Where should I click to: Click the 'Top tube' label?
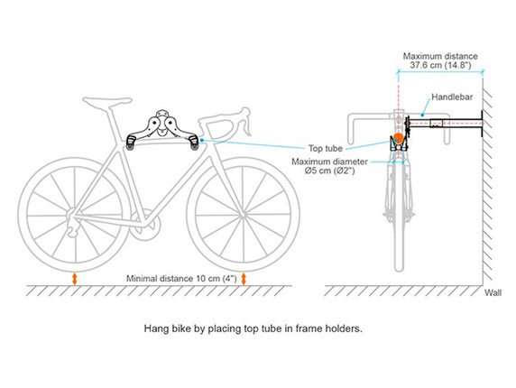(x=327, y=149)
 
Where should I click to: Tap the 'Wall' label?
(x=493, y=293)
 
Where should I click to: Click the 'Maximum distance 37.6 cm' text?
(x=439, y=60)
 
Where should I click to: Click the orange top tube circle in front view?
(x=395, y=139)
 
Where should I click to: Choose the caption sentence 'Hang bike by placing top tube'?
(x=253, y=328)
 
